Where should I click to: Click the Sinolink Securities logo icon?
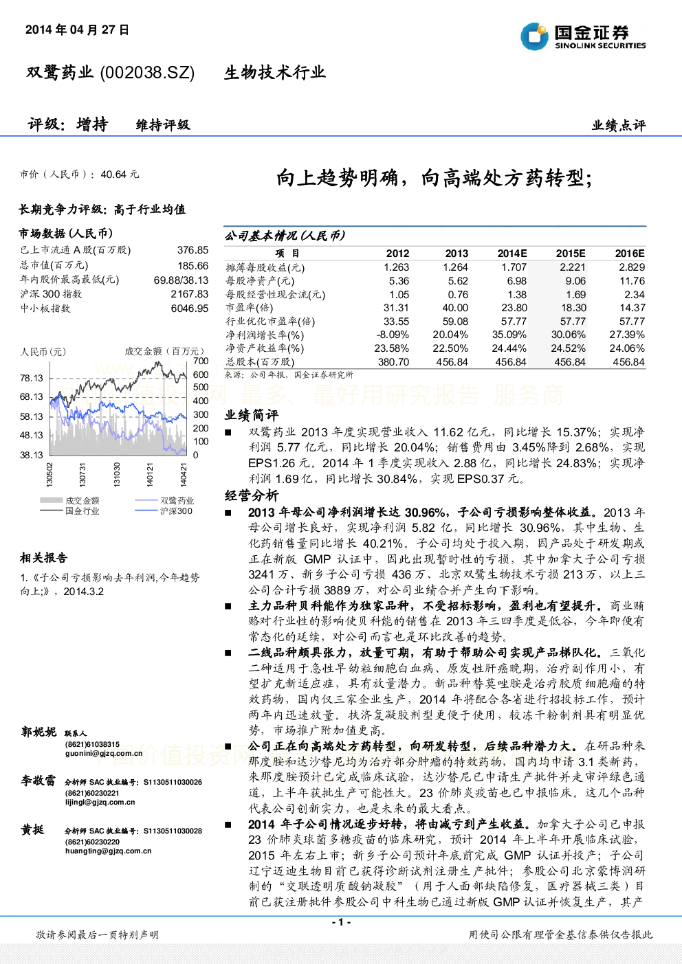(x=534, y=36)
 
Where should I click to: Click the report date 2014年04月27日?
(x=77, y=30)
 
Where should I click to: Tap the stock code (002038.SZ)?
(x=147, y=73)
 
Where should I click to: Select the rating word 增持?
(x=92, y=124)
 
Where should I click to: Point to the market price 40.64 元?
(x=120, y=175)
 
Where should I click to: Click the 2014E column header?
(x=512, y=254)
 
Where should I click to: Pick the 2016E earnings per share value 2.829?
(x=632, y=267)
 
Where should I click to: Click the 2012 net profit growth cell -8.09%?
(x=393, y=335)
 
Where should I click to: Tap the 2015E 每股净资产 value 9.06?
(x=575, y=281)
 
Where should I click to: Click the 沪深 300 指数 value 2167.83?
(x=190, y=294)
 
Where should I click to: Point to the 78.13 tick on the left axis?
(x=32, y=379)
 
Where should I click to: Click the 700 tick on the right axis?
(x=201, y=361)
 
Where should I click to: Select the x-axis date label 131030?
(x=117, y=475)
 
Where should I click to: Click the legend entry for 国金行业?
(x=69, y=511)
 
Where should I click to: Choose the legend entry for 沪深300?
(x=164, y=511)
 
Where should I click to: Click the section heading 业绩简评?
(x=252, y=415)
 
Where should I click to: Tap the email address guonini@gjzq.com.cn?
(x=104, y=753)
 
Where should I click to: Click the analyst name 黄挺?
(x=32, y=829)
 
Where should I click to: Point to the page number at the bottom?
(x=342, y=922)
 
